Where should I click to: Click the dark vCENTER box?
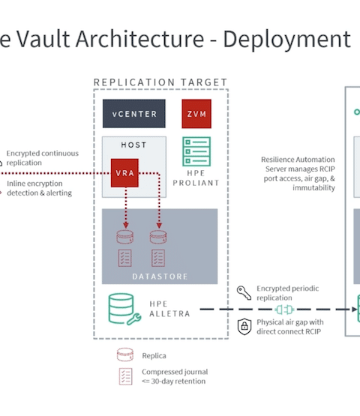pyautogui.click(x=134, y=114)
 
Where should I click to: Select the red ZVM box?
pyautogui.click(x=196, y=114)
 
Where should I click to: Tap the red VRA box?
pyautogui.click(x=124, y=173)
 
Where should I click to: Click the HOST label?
pyautogui.click(x=133, y=145)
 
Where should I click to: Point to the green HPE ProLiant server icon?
pyautogui.click(x=196, y=151)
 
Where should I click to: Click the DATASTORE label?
pyautogui.click(x=160, y=277)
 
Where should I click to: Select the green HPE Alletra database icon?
pyautogui.click(x=124, y=309)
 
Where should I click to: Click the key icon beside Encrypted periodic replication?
pyautogui.click(x=244, y=293)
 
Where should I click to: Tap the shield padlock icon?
pyautogui.click(x=244, y=326)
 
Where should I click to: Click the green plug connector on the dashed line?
pyautogui.click(x=284, y=310)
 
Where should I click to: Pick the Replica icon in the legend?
pyautogui.click(x=125, y=355)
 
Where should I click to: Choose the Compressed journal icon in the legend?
pyautogui.click(x=125, y=376)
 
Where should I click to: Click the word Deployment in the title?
pyautogui.click(x=286, y=39)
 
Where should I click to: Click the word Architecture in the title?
pyautogui.click(x=139, y=39)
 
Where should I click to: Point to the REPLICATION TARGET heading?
pyautogui.click(x=160, y=82)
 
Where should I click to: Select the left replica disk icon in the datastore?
pyautogui.click(x=125, y=237)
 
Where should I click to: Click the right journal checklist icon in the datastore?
pyautogui.click(x=158, y=258)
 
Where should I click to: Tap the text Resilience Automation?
pyautogui.click(x=298, y=160)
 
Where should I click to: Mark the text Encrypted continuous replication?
pyautogui.click(x=43, y=158)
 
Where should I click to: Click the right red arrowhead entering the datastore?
pyautogui.click(x=159, y=226)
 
